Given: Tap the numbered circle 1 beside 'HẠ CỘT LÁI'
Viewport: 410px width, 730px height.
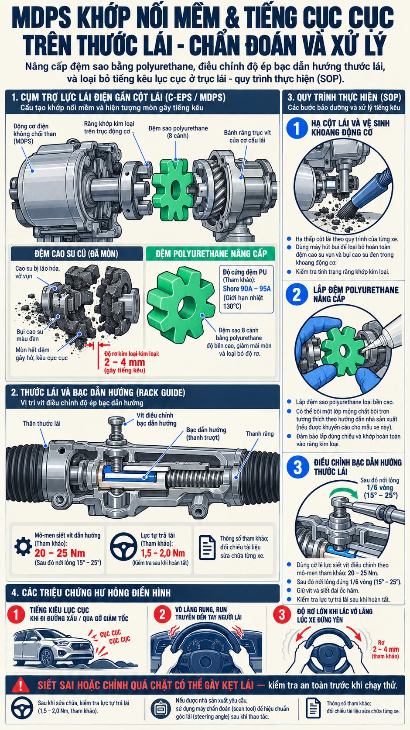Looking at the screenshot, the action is [x=297, y=128].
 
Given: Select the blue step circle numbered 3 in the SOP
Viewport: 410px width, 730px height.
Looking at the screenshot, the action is [x=297, y=467].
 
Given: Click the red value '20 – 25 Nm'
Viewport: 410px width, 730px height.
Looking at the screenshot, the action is [x=60, y=553].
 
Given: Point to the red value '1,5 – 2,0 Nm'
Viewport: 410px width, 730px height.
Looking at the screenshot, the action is [x=163, y=553].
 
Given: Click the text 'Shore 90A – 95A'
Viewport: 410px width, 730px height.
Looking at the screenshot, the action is [x=246, y=289].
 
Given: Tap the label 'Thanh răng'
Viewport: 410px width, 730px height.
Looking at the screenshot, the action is [x=260, y=434].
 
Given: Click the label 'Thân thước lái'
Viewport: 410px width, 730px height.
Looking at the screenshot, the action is [x=41, y=424].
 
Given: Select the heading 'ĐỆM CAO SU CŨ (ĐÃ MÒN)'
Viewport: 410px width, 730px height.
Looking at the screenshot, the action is [x=76, y=254].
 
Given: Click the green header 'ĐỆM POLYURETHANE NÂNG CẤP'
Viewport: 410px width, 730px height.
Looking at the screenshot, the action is [x=211, y=254].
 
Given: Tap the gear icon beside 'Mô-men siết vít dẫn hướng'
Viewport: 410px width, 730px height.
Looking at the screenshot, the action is [x=24, y=547].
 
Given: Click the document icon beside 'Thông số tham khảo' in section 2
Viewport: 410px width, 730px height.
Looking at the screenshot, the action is [x=207, y=547].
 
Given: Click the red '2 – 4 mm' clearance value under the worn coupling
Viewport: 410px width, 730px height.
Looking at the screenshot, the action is [x=124, y=362].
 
